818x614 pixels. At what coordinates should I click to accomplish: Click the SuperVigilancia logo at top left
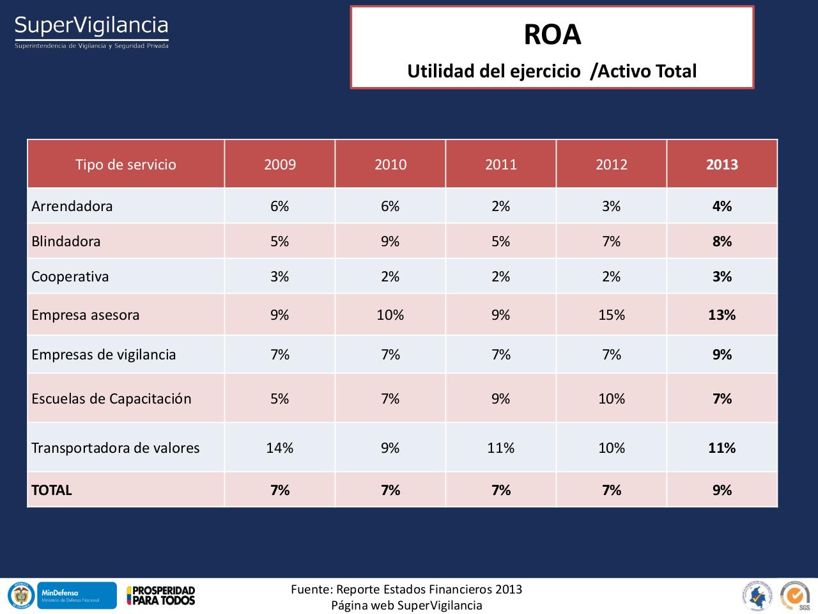[x=91, y=31]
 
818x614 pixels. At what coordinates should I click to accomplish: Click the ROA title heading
[x=552, y=35]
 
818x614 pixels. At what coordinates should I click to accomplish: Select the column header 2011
[x=500, y=164]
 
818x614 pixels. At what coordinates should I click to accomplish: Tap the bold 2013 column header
[x=722, y=164]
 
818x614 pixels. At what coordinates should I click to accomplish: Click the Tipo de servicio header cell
[x=125, y=164]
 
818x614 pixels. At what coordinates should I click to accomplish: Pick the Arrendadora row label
[x=72, y=206]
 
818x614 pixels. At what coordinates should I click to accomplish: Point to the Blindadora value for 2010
[x=390, y=241]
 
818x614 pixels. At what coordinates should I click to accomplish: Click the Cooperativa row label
[x=70, y=276]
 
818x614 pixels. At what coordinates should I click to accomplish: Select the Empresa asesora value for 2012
[x=611, y=315]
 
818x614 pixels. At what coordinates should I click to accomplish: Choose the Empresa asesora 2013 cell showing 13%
[x=722, y=315]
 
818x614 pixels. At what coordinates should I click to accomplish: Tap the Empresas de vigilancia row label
[x=104, y=354]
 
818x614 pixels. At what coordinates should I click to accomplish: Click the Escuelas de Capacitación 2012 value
[x=611, y=398]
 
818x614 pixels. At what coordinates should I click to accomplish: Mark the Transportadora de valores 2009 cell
[x=279, y=448]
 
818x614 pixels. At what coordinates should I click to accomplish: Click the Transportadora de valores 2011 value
[x=500, y=448]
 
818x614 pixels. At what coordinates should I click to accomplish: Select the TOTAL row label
[x=52, y=490]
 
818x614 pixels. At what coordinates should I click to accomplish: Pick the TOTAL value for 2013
[x=722, y=490]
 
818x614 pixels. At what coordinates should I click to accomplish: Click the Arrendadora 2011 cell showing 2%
[x=500, y=206]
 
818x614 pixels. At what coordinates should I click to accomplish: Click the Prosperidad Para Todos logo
[x=161, y=595]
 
